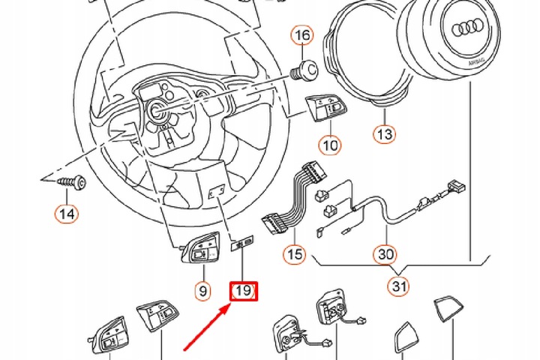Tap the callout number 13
coord(384,135)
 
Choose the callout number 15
coord(295,254)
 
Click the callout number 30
coord(385,254)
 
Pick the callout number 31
coord(397,286)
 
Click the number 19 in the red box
coord(243,291)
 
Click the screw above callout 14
coord(73,182)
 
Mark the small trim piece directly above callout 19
coord(243,241)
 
